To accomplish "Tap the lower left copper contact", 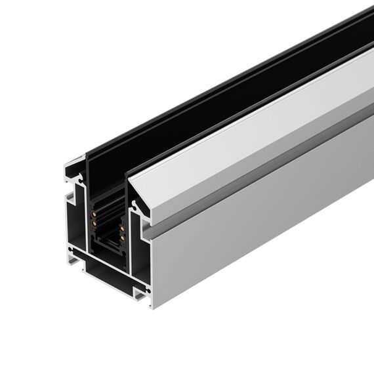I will click(x=94, y=223).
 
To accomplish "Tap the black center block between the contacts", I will click(x=108, y=230).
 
